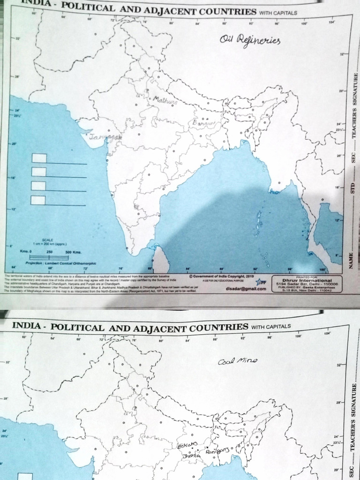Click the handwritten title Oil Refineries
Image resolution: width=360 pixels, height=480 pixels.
[x=249, y=42]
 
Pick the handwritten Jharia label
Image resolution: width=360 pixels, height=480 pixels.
[x=192, y=455]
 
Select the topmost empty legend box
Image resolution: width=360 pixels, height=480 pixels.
[x=39, y=158]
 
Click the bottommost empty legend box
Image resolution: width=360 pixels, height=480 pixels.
[x=38, y=200]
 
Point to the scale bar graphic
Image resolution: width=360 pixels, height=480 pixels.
[x=49, y=257]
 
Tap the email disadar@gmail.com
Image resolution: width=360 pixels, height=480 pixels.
[x=246, y=288]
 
